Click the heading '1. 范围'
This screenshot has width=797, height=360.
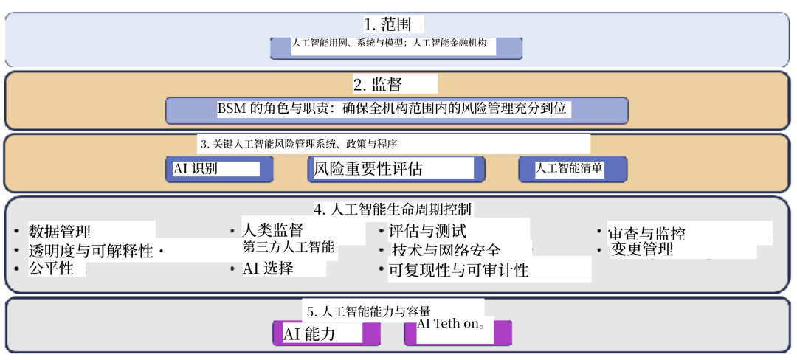coord(387,24)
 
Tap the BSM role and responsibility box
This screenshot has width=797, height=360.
coord(396,109)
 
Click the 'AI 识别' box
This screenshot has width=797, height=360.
coord(218,169)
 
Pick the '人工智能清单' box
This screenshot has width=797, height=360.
coord(572,169)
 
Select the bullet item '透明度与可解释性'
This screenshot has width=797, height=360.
coord(91,251)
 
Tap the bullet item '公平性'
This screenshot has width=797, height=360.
coord(51,269)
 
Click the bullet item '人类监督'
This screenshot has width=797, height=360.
coord(273,230)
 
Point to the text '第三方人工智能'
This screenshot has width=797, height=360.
coord(289,248)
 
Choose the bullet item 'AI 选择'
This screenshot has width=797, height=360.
coord(268,269)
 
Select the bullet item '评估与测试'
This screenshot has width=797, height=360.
coord(427,232)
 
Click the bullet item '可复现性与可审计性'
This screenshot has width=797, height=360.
coord(458,270)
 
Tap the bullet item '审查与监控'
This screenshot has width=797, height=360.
coord(646,233)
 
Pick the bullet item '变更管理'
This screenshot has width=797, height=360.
coord(642,249)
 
